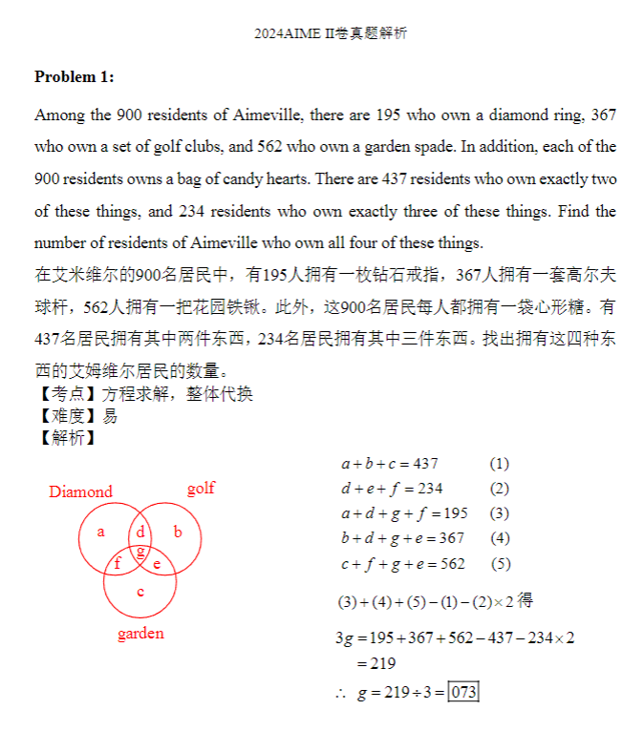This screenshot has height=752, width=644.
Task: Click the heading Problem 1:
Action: [75, 76]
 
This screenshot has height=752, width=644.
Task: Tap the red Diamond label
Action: [80, 491]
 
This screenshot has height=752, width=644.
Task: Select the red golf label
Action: [201, 489]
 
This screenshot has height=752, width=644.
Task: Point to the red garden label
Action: [140, 634]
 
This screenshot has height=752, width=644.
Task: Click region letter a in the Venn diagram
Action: [101, 532]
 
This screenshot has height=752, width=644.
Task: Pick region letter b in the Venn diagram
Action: [178, 532]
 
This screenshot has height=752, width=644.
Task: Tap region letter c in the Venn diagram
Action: [140, 593]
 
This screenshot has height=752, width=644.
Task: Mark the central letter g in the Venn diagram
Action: [140, 551]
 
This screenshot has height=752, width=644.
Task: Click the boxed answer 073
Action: [463, 692]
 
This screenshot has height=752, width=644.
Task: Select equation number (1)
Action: [500, 464]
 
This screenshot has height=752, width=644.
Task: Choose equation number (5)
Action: [500, 564]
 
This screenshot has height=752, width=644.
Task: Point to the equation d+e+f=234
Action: [392, 489]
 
